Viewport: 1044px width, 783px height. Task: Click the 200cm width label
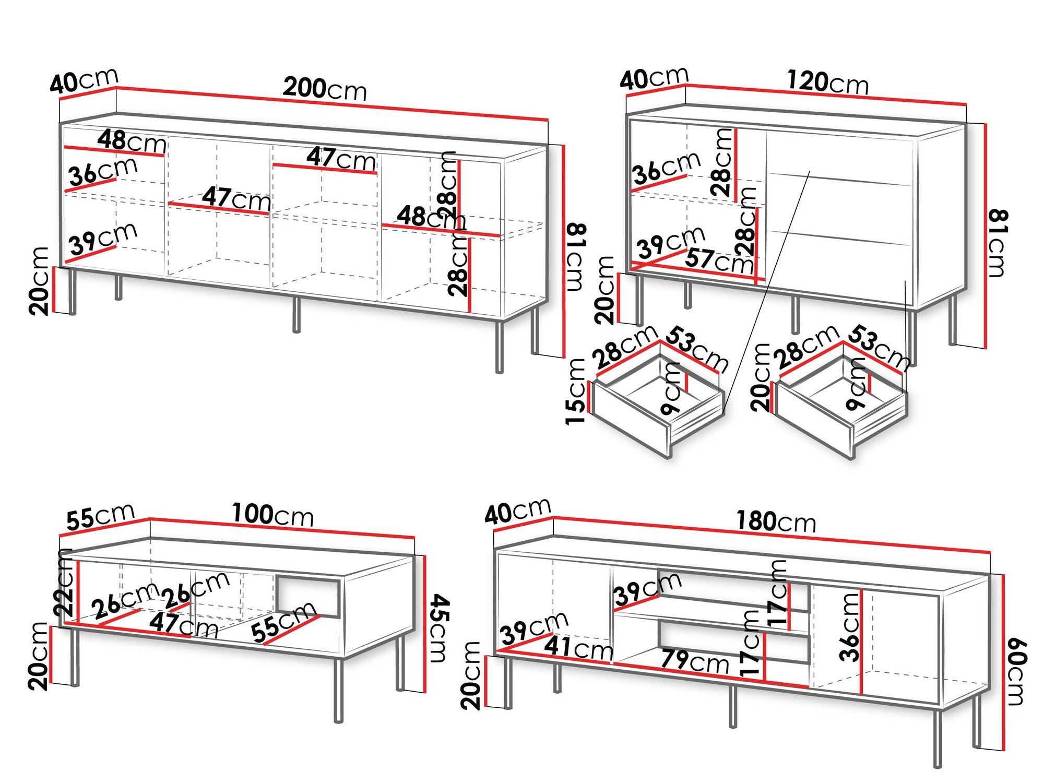coord(325,89)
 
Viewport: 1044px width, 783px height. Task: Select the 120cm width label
coord(827,82)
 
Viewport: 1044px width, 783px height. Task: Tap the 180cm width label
coord(776,521)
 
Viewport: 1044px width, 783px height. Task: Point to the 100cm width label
coord(272,515)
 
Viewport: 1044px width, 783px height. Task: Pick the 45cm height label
coord(439,628)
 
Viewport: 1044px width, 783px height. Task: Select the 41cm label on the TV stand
coord(578,648)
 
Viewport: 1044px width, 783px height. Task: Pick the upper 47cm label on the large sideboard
coord(340,158)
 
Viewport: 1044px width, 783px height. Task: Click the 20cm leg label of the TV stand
coord(471,675)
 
